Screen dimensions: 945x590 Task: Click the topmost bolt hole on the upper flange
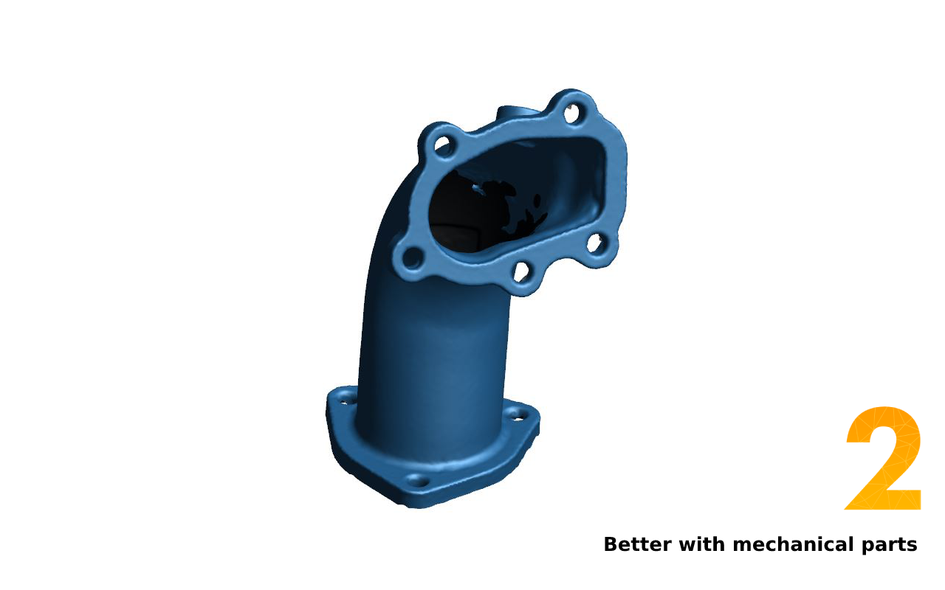[572, 114]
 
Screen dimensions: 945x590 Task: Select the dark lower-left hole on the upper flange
[412, 257]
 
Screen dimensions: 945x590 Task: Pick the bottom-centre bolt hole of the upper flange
[521, 272]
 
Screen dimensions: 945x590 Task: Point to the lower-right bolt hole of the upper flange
[595, 243]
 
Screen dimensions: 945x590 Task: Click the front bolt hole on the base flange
[417, 481]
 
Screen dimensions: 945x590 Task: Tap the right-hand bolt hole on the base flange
[518, 414]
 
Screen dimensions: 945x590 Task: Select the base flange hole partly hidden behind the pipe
[346, 400]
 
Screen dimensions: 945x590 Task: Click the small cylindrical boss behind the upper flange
[517, 114]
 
